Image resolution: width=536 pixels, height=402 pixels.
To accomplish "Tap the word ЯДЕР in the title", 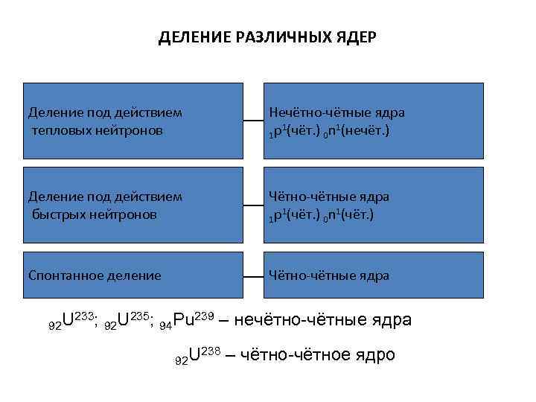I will [x=358, y=37].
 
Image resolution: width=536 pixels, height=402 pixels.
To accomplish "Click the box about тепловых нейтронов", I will [x=133, y=121].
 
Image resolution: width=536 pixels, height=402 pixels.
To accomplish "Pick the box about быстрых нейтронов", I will [x=133, y=205].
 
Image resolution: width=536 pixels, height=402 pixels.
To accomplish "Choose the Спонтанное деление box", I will [x=133, y=275].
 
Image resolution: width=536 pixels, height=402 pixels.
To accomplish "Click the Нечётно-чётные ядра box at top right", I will [x=376, y=121].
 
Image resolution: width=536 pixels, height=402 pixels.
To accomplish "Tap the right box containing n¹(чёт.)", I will [x=376, y=205].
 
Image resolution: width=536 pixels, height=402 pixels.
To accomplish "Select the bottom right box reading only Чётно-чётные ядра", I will [x=376, y=275].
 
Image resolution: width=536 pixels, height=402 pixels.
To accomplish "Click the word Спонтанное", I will [x=64, y=275].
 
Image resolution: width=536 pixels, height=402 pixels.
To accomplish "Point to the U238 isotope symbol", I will [x=197, y=355].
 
